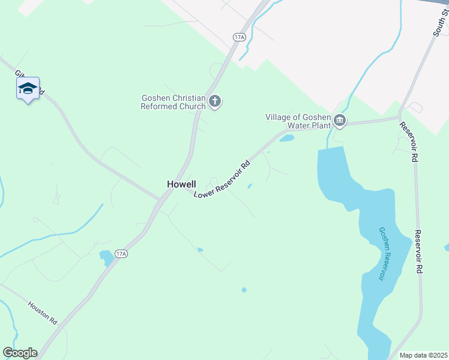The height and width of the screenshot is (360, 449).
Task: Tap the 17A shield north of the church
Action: click(x=240, y=37)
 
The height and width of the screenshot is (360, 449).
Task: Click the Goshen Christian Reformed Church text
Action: click(x=173, y=103)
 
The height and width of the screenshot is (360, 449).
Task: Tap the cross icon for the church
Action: click(x=215, y=103)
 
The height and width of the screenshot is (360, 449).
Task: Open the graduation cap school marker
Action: click(x=28, y=89)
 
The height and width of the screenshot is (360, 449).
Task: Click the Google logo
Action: click(x=20, y=353)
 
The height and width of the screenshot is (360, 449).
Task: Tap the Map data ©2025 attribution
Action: click(x=423, y=355)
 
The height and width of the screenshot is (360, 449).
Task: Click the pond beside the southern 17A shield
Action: click(x=106, y=257)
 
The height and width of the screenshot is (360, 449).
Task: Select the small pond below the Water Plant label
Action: click(x=287, y=139)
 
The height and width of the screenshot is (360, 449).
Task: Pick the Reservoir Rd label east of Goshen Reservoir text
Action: click(x=419, y=251)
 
